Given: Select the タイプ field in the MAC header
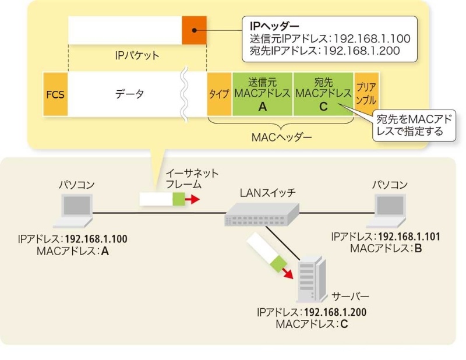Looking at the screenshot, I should click(x=220, y=94).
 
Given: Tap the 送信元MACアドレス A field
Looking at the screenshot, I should click(x=262, y=94).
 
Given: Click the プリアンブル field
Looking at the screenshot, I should click(x=366, y=94).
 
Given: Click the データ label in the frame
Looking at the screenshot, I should click(x=128, y=94).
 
